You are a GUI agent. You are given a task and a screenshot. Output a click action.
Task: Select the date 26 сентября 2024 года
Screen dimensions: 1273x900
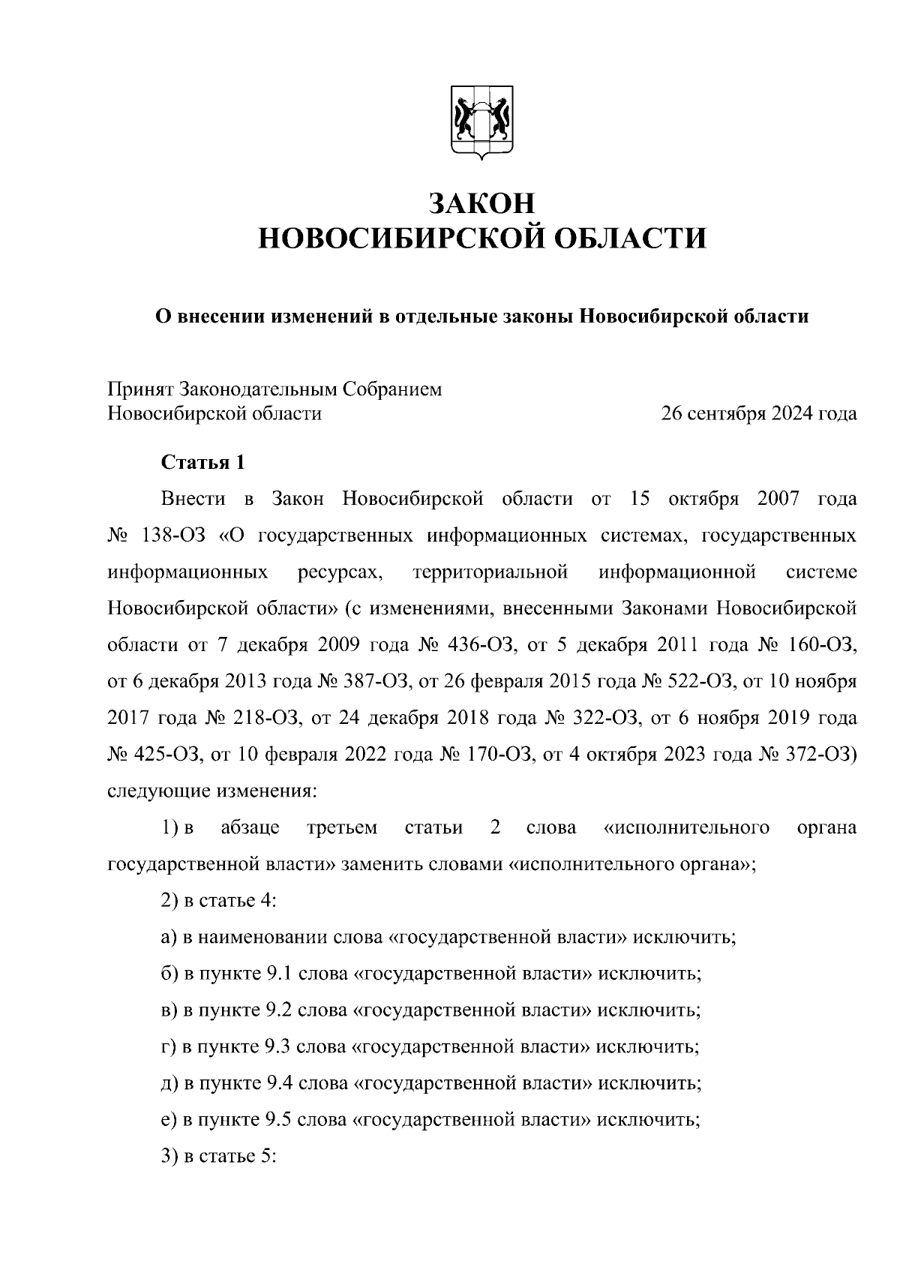pyautogui.click(x=758, y=413)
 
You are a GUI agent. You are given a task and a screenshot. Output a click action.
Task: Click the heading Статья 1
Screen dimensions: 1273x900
pyautogui.click(x=203, y=463)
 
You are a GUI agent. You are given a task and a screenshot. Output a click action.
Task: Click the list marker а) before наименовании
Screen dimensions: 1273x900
pyautogui.click(x=169, y=938)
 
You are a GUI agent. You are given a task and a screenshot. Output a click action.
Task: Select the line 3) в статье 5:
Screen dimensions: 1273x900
pyautogui.click(x=220, y=1157)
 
